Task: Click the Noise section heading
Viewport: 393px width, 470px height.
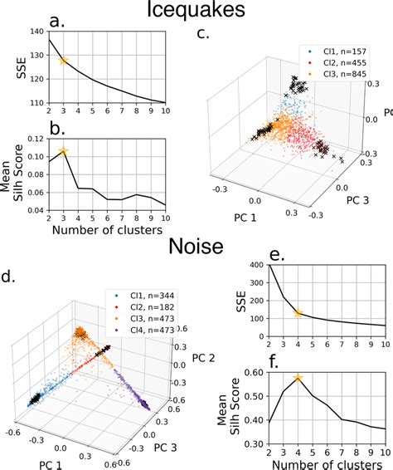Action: [x=196, y=247]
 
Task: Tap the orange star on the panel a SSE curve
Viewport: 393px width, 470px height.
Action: [x=64, y=61]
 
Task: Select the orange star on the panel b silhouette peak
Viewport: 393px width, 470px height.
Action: [x=64, y=151]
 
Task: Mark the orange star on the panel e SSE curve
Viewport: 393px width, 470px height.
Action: [x=298, y=313]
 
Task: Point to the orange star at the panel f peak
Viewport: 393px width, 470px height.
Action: [x=298, y=379]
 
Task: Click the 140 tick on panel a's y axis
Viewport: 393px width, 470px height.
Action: [x=36, y=32]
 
